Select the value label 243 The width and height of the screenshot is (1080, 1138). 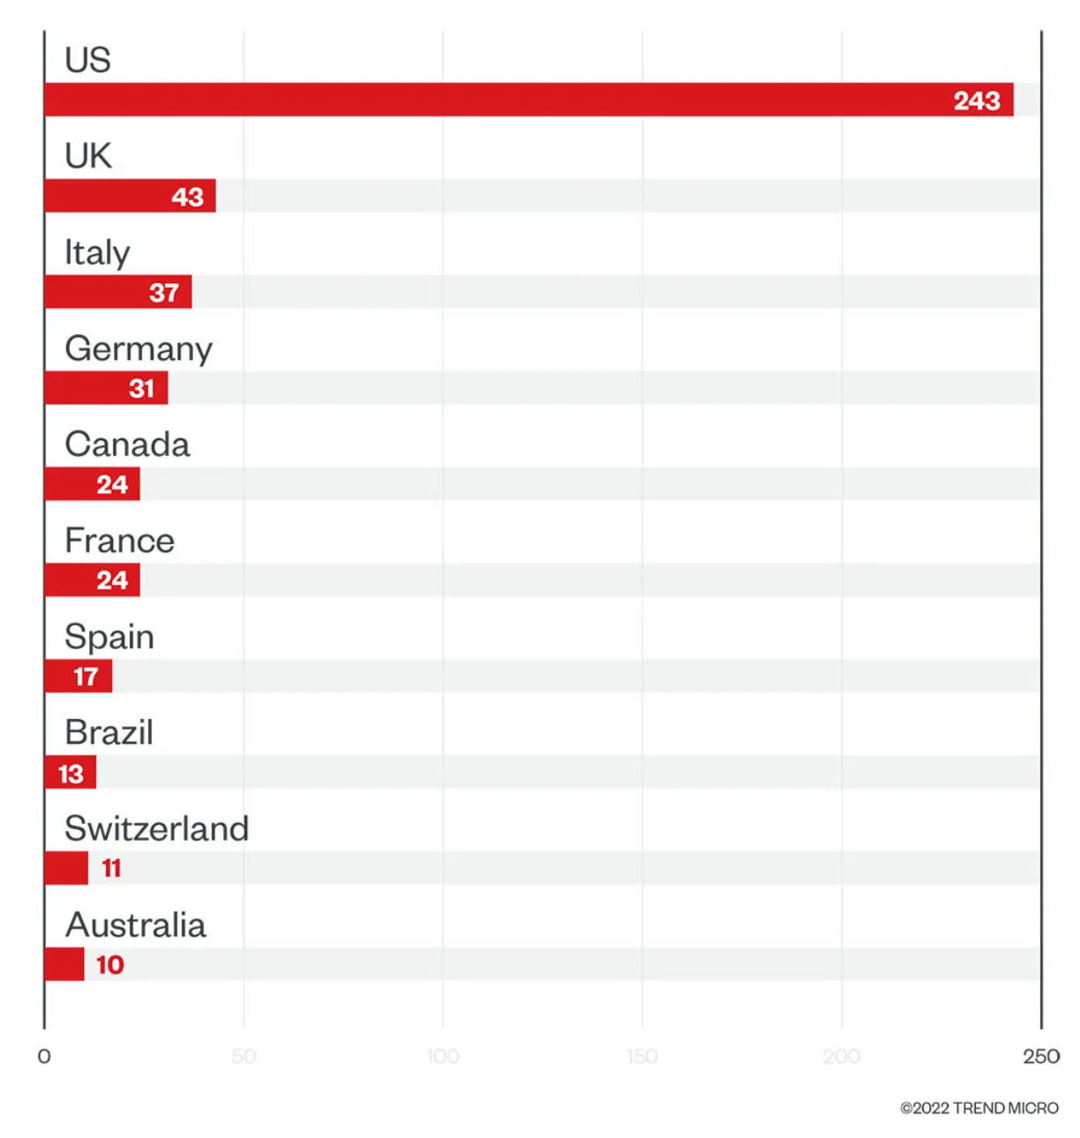coord(977,101)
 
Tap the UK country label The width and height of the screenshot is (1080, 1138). coord(87,156)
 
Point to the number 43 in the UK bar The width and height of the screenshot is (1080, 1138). coord(187,197)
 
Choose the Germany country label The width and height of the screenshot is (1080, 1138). coord(139,349)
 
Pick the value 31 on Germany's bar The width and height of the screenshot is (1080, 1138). coord(141,388)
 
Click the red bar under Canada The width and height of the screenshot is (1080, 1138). coord(92,484)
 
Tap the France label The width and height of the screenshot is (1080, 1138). coord(119,541)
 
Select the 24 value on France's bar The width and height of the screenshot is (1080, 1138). coord(112,580)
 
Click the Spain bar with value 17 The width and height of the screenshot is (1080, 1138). coord(78,677)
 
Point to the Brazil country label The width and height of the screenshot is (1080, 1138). coord(109,732)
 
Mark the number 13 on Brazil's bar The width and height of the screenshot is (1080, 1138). coord(71,774)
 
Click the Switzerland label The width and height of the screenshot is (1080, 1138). coord(156,829)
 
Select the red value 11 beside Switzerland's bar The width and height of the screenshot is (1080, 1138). coord(111,869)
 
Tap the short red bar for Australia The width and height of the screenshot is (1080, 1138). coord(64,964)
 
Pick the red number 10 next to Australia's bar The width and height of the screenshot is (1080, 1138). coord(110,965)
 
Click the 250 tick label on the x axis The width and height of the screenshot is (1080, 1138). coord(1041,1056)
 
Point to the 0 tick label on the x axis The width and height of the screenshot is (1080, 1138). coord(44,1056)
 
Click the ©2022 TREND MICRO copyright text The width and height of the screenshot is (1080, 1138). coord(979,1108)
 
